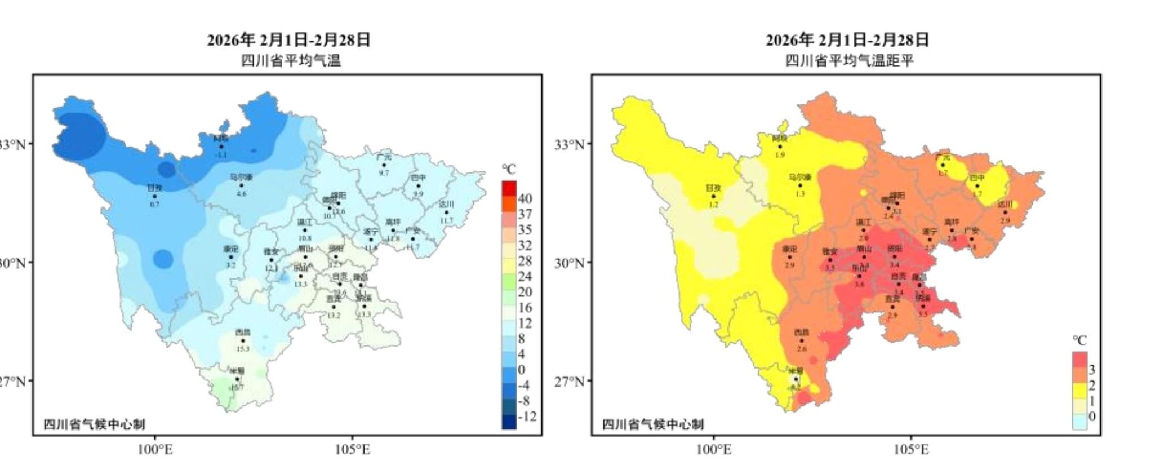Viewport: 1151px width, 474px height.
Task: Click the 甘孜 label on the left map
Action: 154,188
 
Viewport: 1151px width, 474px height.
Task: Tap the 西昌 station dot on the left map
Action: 243,340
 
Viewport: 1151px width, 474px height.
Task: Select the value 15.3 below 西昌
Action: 243,349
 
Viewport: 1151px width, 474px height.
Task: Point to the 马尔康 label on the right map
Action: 800,177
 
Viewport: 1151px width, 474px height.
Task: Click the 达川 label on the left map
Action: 446,204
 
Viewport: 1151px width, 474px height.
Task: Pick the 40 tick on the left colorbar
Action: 525,198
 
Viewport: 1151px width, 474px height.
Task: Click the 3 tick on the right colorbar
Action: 1091,370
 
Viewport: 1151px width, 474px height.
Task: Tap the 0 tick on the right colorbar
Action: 1091,417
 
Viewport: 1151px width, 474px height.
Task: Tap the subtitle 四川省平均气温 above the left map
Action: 291,60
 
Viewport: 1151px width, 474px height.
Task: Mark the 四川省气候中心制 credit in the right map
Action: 652,424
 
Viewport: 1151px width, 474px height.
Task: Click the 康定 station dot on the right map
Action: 789,257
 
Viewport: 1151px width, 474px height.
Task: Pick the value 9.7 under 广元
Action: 384,173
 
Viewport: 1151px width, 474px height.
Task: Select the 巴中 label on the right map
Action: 977,178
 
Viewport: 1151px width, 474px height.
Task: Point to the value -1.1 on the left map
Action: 221,154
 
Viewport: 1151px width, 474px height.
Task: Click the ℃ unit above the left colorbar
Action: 509,169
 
